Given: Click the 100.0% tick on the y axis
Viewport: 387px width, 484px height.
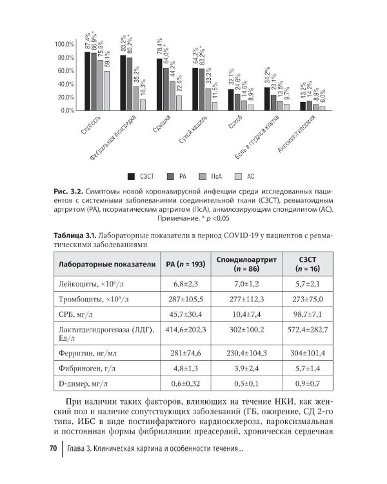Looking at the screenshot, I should click(65, 44).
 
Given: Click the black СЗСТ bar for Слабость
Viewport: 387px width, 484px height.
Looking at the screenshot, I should click(88, 81).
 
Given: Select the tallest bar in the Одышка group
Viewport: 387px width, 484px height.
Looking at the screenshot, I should click(159, 85).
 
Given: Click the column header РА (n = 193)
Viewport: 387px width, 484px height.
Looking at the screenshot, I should click(185, 264).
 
